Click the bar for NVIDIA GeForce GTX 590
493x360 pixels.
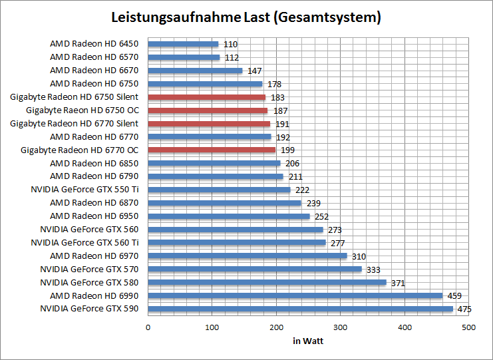[x=300, y=309]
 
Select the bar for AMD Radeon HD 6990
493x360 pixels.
[x=295, y=295]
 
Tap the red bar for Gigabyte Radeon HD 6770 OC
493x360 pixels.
[x=212, y=150]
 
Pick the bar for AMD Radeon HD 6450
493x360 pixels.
[x=183, y=44]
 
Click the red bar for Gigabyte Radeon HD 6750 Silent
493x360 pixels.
[x=206, y=97]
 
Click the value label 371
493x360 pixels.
[x=398, y=282]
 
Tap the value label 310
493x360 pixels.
[x=359, y=256]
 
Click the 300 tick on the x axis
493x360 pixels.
[x=341, y=327]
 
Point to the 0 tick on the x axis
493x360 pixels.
[x=148, y=327]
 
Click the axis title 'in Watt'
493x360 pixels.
[x=308, y=341]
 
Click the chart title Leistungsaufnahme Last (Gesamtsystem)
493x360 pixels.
[x=246, y=18]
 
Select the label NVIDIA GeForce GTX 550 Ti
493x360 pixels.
[x=84, y=190]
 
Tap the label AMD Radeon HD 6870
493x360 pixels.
[x=94, y=203]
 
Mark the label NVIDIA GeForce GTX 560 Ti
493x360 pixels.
[x=84, y=242]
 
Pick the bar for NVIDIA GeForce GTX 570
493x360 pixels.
[x=255, y=269]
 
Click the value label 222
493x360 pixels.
[x=302, y=190]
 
